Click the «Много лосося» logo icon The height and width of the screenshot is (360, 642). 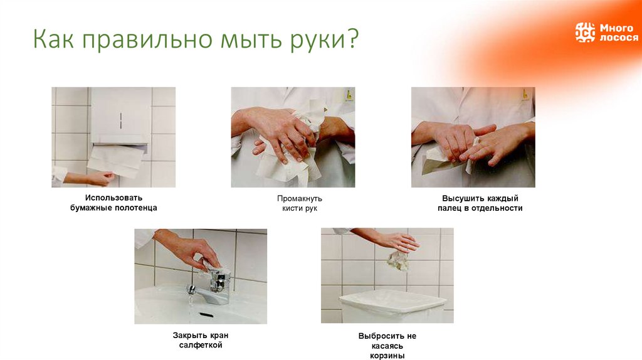(x=585, y=33)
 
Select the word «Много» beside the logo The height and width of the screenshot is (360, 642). (x=616, y=28)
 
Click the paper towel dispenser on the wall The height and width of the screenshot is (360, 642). (x=120, y=116)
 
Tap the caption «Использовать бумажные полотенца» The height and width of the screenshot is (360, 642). (x=113, y=203)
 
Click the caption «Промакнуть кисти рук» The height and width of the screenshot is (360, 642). (x=299, y=203)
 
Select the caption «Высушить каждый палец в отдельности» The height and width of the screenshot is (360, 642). (x=480, y=203)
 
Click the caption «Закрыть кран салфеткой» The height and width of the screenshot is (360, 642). (x=200, y=340)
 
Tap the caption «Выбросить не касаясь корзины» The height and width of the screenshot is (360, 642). (x=387, y=346)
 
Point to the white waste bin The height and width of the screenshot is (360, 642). (x=393, y=305)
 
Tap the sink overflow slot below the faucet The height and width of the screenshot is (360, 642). (x=205, y=315)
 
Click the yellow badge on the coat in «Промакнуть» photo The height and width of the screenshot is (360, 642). (x=349, y=95)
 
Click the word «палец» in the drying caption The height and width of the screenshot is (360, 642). (x=450, y=208)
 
